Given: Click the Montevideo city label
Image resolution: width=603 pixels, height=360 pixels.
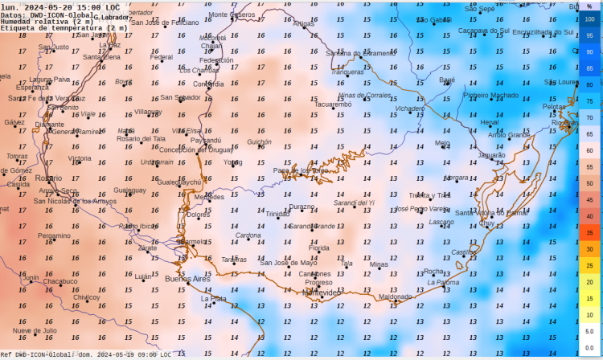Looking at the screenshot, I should click(x=320, y=292).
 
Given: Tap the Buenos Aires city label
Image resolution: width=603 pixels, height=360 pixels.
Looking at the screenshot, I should click(x=187, y=279).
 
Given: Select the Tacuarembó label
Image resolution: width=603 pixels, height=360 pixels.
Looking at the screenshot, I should click(x=333, y=104).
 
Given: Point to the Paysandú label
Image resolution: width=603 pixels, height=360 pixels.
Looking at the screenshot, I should click(x=206, y=140).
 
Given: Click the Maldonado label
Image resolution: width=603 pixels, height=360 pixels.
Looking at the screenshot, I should click(x=395, y=297).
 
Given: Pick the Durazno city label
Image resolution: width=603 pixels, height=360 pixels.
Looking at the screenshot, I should click(x=301, y=207).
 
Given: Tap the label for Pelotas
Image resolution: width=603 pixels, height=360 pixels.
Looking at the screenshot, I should click(x=554, y=107).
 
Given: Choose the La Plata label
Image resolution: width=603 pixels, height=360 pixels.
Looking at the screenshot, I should click(x=213, y=299).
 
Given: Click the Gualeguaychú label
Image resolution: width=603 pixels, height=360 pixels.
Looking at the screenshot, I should click(x=178, y=182).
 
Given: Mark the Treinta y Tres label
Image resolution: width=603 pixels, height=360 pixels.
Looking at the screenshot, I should click(x=430, y=195).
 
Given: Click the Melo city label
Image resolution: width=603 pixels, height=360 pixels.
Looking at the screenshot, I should click(x=442, y=143).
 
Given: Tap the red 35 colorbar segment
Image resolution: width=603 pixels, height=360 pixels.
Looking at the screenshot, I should click(x=589, y=233).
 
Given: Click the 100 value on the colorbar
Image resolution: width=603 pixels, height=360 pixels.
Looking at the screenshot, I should click(x=589, y=19).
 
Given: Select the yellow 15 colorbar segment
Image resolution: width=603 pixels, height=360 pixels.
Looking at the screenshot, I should click(x=589, y=298).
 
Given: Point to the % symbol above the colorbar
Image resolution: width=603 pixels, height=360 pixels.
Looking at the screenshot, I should click(x=589, y=6).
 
